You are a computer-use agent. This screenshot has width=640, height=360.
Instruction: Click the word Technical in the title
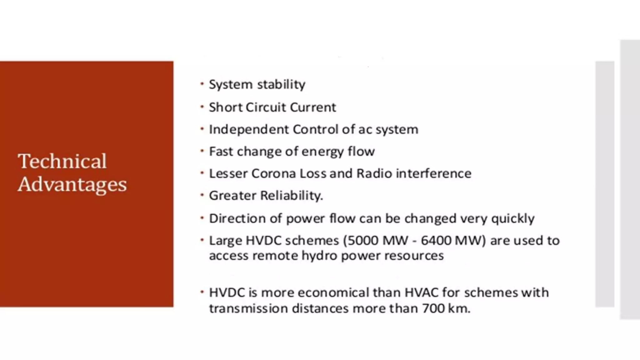(x=62, y=161)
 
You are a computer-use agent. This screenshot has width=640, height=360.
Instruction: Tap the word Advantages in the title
(x=72, y=184)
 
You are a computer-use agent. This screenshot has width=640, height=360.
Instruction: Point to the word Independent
(x=248, y=129)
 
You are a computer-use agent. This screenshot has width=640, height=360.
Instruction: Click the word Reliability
(x=291, y=196)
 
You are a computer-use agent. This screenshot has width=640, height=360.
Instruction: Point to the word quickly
(x=513, y=218)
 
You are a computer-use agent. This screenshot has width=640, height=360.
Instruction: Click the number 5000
(x=362, y=240)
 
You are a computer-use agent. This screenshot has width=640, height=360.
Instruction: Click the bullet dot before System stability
(x=202, y=84)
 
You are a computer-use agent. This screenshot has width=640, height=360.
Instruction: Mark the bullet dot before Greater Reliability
(x=202, y=195)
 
